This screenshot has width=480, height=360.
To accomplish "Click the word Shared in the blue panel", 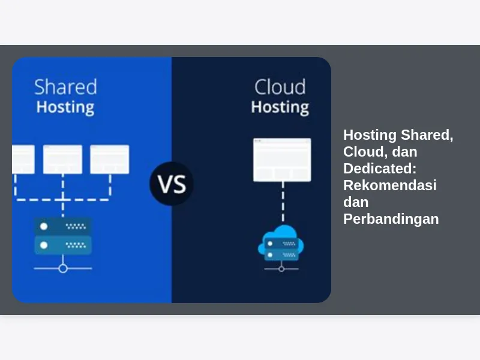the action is [65, 87].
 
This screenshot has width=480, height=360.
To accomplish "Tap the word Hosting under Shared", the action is [65, 107].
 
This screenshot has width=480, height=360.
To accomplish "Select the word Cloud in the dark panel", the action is [280, 87].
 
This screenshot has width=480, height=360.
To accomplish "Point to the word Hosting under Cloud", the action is [280, 107].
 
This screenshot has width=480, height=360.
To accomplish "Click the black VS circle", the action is [172, 184].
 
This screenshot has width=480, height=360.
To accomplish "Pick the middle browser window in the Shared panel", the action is [63, 160].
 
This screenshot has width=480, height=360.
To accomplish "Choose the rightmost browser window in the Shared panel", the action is [110, 160].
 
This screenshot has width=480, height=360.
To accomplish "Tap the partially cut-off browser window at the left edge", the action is [23, 160].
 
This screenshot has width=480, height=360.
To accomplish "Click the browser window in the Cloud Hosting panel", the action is [282, 160].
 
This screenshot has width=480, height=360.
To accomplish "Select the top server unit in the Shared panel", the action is [63, 226].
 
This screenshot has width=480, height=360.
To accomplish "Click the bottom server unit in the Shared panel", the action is [63, 245].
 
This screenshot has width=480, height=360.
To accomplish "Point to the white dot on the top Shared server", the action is [44, 226].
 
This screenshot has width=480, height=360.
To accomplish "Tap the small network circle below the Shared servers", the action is [63, 269].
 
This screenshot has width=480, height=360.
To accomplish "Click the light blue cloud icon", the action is [281, 242].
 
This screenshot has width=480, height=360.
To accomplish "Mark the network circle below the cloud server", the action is [281, 269].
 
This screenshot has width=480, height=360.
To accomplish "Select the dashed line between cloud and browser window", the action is [283, 202].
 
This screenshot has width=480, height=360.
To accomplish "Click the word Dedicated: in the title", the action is [380, 169].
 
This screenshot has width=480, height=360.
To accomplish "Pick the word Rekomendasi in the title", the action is [390, 185].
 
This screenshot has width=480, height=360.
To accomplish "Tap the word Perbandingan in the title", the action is [391, 219].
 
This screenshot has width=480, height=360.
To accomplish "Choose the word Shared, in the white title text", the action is [427, 135].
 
